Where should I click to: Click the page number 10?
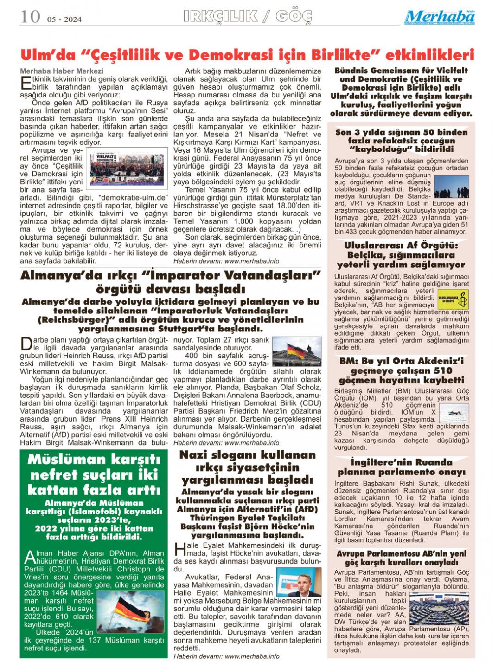30,17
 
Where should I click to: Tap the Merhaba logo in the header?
439,17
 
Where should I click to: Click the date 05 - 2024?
64,19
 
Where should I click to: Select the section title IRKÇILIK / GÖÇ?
248,17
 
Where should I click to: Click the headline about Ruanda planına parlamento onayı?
401,467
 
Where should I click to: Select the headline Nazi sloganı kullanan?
248,455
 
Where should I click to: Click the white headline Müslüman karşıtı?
94,460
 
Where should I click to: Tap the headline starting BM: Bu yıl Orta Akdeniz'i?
402,361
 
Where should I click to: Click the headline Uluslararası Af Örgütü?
401,246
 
